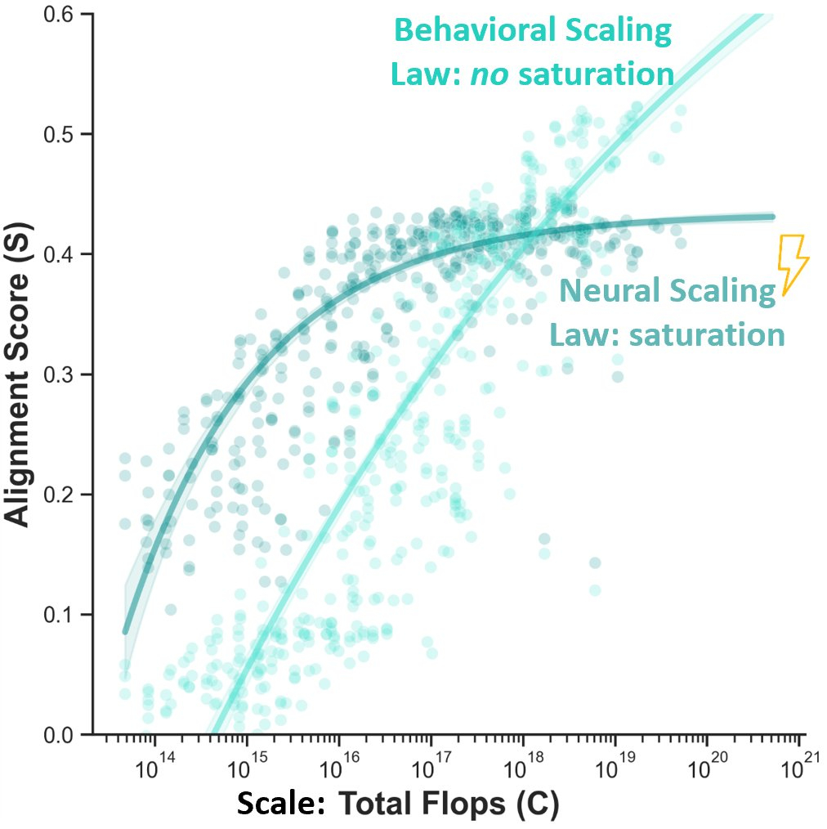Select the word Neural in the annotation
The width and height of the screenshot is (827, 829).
click(x=606, y=292)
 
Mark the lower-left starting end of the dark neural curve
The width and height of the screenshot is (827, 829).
click(x=125, y=632)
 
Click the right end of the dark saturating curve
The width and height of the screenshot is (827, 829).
click(x=772, y=217)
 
